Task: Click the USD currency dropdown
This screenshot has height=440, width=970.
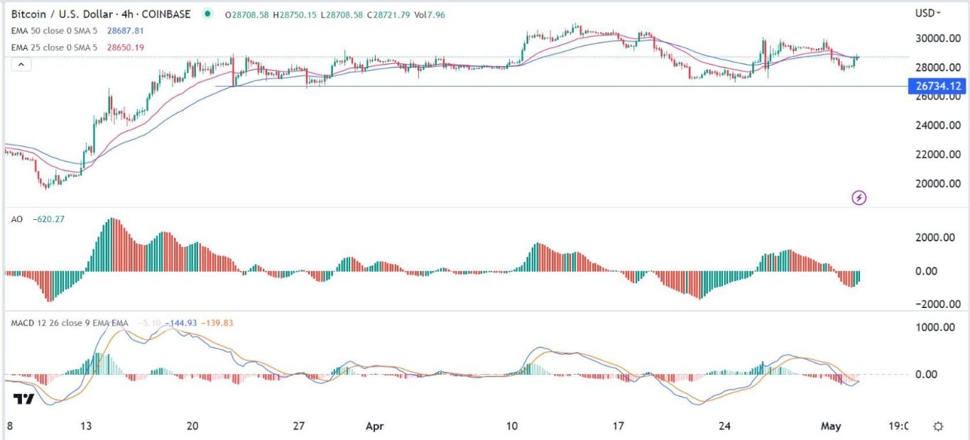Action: (928, 13)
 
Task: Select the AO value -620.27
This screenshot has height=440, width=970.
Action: (49, 221)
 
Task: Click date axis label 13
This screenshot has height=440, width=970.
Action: (86, 427)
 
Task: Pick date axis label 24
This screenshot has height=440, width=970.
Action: (724, 427)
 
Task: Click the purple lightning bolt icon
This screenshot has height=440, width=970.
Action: (859, 197)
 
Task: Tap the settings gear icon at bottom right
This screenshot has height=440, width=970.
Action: (938, 427)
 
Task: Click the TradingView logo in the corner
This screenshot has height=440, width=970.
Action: (24, 400)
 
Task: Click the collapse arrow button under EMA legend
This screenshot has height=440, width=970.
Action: (21, 65)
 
